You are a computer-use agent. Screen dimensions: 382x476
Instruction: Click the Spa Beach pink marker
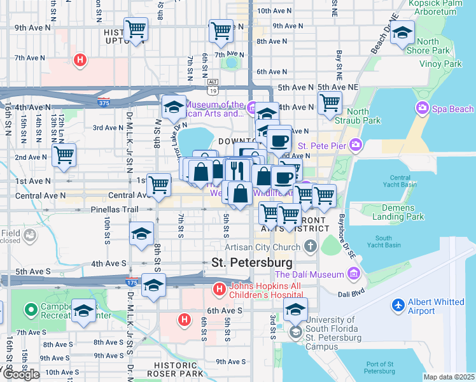421,109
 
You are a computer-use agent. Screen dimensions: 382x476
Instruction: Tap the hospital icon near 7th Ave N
80,61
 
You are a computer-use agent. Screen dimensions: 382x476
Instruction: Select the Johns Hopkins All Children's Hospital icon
220,290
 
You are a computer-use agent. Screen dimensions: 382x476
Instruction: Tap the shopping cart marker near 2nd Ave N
64,154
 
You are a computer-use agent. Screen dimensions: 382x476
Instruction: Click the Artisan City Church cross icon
310,246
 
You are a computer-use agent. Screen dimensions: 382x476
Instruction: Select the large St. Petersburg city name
251,262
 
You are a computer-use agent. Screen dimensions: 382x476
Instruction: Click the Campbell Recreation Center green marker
29,311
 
